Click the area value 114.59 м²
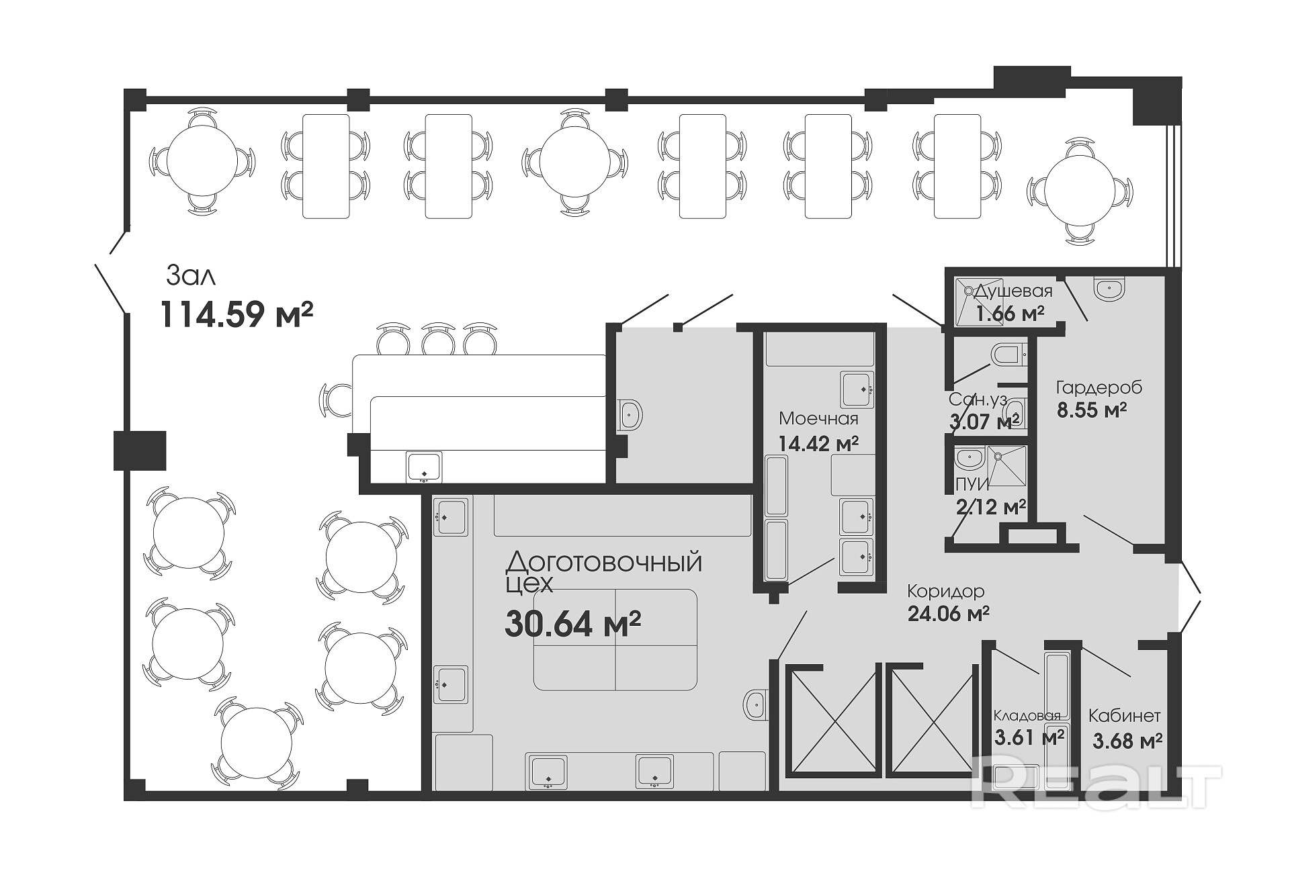pos(237,314)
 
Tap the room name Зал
pos(191,276)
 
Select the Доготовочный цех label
pos(603,572)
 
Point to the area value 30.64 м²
pos(572,624)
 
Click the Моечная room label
pos(818,418)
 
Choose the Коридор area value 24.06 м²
pos(948,614)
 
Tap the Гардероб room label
pos(1099,387)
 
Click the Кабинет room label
pos(1125,716)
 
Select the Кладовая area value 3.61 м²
pos(1029,737)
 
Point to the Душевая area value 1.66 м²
pos(1010,314)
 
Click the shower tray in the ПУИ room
pos(1006,465)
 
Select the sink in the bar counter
pos(424,467)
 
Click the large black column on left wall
pos(140,451)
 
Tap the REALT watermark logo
pos(1096,786)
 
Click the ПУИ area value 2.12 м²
pos(991,506)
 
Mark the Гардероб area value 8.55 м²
pos(1092,410)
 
